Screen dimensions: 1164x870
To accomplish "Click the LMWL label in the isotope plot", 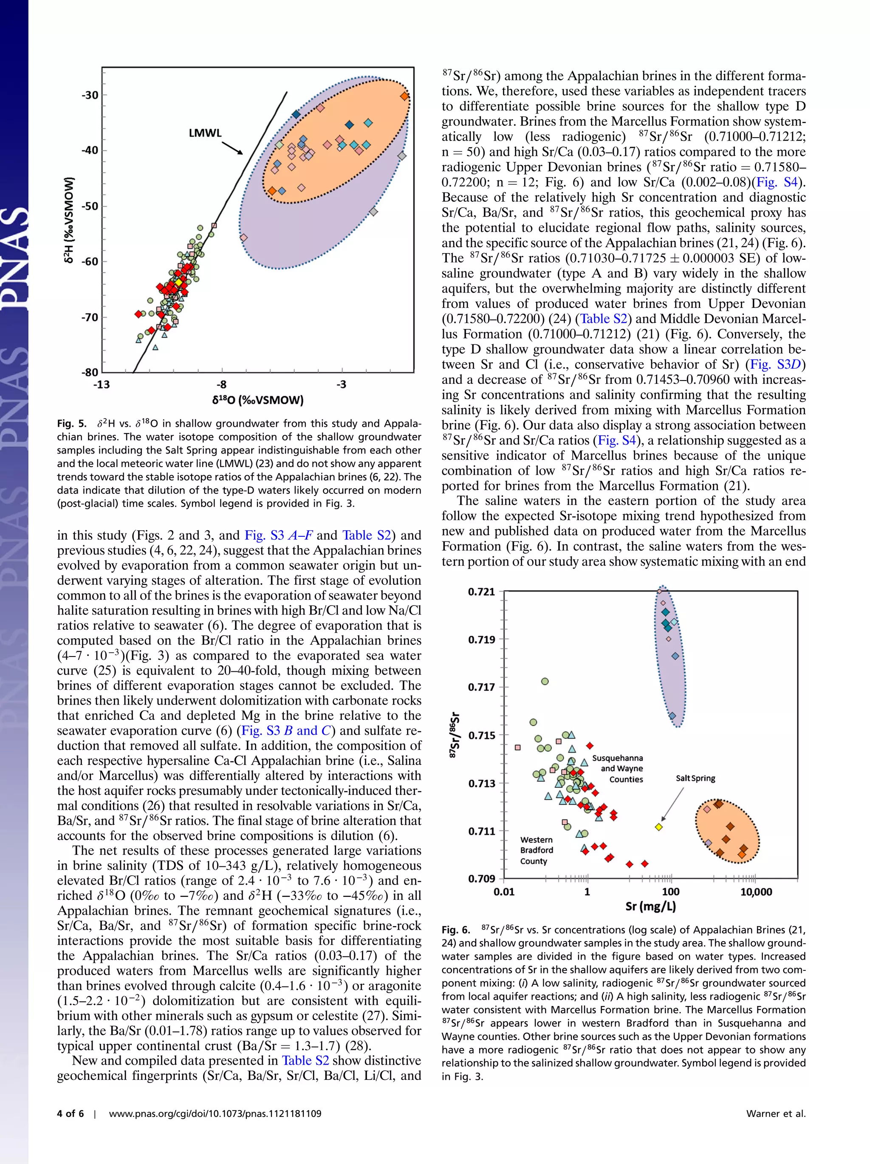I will click(x=205, y=133).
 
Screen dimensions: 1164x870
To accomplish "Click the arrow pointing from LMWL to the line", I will click(x=232, y=147).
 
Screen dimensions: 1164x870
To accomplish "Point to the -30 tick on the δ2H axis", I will click(x=90, y=95).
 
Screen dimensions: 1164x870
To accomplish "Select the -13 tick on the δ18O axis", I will click(x=102, y=384).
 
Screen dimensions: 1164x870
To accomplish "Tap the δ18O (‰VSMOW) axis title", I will click(x=258, y=400).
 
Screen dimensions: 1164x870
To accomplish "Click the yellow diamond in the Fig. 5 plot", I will click(x=178, y=282).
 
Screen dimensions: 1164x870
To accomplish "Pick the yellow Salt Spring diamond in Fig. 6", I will click(x=658, y=827).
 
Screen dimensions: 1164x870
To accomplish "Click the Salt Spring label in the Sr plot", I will click(x=695, y=778).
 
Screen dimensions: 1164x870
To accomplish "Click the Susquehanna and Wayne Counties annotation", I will click(x=618, y=768).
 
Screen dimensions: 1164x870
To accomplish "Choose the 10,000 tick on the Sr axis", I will click(x=756, y=891).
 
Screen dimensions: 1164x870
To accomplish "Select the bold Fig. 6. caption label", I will click(x=456, y=930).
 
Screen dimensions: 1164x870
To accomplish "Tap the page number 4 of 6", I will click(x=70, y=1113).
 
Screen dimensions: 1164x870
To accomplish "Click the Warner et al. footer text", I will click(x=776, y=1113).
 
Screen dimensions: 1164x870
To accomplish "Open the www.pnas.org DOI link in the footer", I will click(x=215, y=1113).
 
